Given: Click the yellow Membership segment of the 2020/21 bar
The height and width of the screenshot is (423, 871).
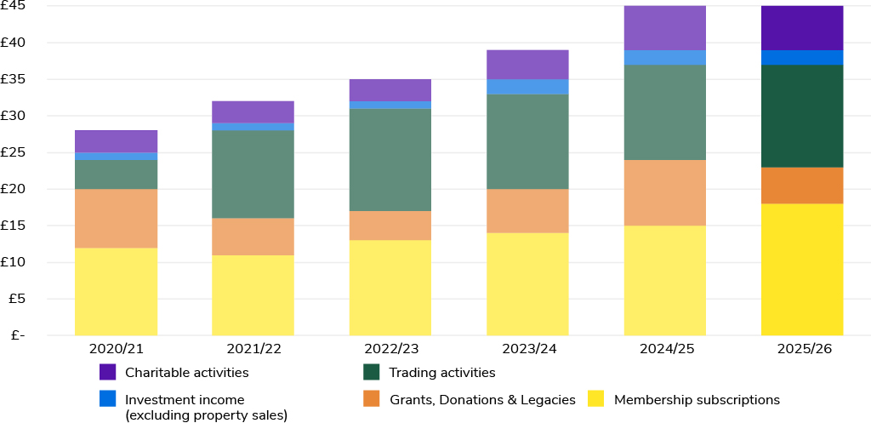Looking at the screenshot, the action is pos(116,292).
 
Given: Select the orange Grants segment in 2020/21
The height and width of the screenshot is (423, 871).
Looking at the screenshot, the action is pos(116,219).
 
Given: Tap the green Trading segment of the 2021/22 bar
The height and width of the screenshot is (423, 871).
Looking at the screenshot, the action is pos(253,174).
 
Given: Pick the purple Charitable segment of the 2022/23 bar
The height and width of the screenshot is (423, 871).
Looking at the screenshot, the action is pos(390,90).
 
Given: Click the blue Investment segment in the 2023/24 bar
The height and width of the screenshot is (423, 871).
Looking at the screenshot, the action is pos(527,87).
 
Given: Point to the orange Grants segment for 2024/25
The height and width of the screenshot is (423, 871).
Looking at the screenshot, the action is pos(665,193).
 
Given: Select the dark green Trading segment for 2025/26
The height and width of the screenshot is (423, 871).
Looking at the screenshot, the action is pos(802,116).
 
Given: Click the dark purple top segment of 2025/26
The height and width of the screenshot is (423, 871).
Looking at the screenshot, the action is pos(802,28).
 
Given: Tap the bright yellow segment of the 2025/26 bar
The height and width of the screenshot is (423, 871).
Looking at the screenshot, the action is pos(802,270).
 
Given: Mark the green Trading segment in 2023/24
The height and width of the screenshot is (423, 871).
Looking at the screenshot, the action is pos(527,142).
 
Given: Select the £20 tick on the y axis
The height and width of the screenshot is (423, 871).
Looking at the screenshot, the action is pos(13,189).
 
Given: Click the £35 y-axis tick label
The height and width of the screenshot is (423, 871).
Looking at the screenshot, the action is pos(13,79).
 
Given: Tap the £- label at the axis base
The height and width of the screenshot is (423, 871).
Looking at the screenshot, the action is pos(13,335).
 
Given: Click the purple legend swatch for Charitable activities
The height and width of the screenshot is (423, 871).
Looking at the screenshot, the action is pos(108,372).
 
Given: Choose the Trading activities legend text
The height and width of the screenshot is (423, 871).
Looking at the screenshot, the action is pos(442,373).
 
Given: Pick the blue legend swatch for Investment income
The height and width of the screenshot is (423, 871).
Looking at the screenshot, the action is pos(108,398).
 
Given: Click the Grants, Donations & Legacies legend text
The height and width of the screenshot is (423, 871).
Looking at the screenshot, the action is pos(483,400).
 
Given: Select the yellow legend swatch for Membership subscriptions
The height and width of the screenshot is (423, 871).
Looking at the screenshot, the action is pos(595,398).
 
